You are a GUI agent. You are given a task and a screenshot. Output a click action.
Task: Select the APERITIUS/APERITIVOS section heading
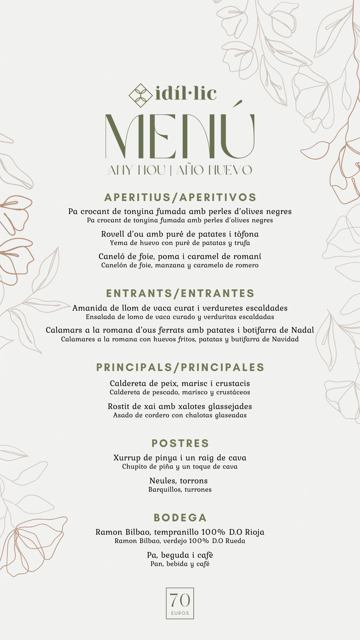point(180,197)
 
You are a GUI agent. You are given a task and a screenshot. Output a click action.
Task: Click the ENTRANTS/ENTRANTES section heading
point(180,293)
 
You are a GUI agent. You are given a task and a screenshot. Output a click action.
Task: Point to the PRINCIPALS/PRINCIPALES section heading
point(180,367)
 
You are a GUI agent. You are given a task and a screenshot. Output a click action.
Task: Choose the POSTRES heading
point(180,443)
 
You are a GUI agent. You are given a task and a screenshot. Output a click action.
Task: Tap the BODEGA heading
point(180,518)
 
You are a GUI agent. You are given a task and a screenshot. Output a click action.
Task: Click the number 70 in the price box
point(180,600)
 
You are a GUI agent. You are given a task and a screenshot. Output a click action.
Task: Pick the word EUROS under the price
point(180,613)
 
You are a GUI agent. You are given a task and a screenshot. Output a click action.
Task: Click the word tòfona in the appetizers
point(246,234)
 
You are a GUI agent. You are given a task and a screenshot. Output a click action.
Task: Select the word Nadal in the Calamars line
point(303,330)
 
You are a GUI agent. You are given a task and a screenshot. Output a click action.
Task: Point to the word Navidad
point(285,339)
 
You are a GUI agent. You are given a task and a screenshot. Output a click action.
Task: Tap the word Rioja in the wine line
point(255,532)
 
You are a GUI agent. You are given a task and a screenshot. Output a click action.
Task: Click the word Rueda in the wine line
point(235,541)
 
